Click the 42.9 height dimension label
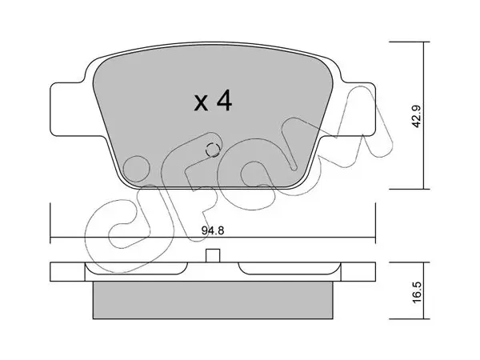click(417, 116)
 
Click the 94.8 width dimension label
click(213, 230)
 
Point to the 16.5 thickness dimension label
click(417, 293)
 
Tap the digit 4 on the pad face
click(224, 100)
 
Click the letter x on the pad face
click(201, 103)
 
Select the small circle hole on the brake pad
click(213, 150)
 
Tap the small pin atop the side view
click(213, 256)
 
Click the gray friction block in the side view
click(213, 300)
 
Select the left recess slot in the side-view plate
click(136, 268)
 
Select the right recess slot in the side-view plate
click(290, 268)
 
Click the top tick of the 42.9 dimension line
click(410, 42)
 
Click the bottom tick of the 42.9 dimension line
click(410, 189)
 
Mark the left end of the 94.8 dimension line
click(50, 237)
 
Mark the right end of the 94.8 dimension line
click(375, 237)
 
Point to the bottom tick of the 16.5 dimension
click(410, 319)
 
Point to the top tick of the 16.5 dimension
click(410, 262)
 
